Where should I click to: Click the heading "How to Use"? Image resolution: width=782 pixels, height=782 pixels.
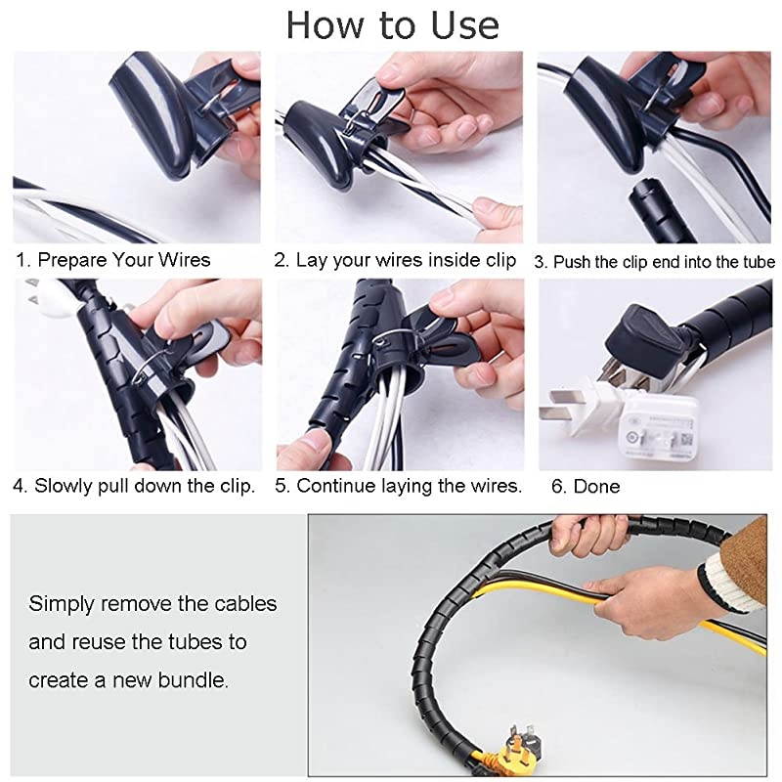392,25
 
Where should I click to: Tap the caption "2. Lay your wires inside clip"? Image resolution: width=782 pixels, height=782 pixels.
395,261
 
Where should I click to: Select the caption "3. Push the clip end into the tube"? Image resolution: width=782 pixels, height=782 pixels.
654,262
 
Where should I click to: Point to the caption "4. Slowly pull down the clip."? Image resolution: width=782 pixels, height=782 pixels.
134,486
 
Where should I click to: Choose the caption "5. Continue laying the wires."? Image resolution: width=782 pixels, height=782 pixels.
399,486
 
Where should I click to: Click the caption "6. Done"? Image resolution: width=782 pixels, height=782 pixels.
586,486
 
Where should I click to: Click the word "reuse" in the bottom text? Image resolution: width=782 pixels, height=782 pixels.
118,642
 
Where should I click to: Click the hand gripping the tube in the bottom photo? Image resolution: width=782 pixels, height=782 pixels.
586,533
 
